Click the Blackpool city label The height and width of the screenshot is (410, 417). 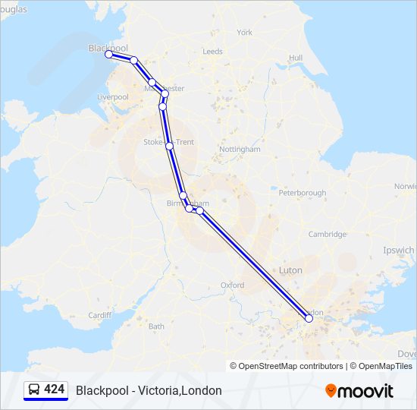108,47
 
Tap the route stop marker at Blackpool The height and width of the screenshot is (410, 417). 109,55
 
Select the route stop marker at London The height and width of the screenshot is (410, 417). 309,319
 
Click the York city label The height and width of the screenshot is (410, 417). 244,33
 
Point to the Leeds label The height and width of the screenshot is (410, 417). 212,52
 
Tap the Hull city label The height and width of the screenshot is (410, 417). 296,58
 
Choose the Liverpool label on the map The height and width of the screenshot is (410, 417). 113,97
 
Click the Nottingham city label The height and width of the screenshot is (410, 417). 240,150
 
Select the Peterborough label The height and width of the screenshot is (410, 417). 302,193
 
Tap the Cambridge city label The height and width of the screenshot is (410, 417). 328,234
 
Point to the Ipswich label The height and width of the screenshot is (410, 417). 399,250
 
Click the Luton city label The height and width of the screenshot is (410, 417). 290,270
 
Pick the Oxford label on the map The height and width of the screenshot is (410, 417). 232,285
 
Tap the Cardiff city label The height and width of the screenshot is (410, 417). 99,314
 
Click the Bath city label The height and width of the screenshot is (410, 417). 156,326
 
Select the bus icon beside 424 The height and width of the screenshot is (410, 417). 34,389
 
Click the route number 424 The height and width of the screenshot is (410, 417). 54,389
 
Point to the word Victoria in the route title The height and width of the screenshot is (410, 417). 155,390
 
